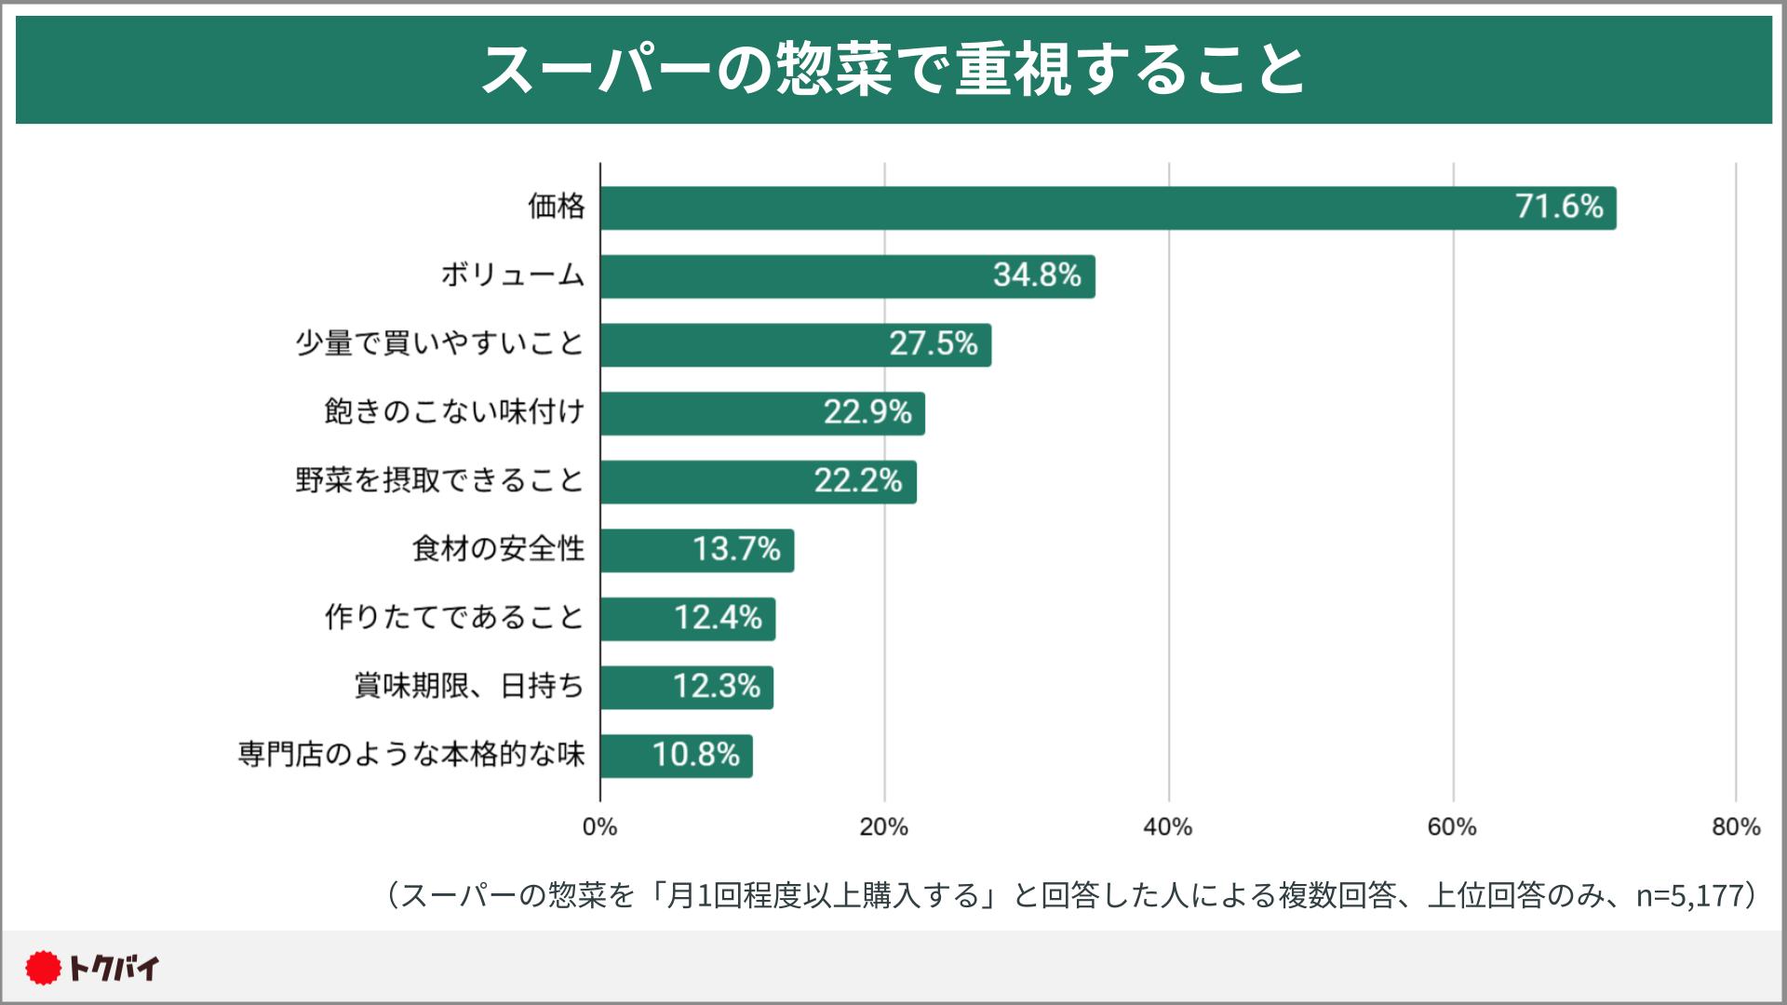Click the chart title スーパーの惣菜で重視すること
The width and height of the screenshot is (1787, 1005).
tap(893, 70)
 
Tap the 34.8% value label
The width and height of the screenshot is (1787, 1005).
tap(1037, 275)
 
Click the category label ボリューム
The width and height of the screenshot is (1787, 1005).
tap(513, 275)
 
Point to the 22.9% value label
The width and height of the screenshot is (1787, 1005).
tap(867, 412)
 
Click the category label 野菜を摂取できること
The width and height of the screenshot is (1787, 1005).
tap(439, 481)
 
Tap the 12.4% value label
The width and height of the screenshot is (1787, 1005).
tap(718, 618)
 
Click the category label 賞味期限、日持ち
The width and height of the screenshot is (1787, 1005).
tap(469, 687)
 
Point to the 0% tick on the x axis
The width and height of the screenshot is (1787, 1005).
tap(600, 827)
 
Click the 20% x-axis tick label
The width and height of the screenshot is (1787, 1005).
tap(884, 827)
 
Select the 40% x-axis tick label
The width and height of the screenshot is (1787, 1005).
tap(1168, 827)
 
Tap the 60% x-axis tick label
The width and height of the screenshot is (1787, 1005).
tap(1452, 827)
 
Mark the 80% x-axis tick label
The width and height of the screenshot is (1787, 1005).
tap(1736, 827)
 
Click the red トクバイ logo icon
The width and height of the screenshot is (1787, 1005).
tap(43, 969)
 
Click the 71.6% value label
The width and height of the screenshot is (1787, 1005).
tap(1559, 207)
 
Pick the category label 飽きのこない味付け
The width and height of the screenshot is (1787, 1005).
tap(454, 412)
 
